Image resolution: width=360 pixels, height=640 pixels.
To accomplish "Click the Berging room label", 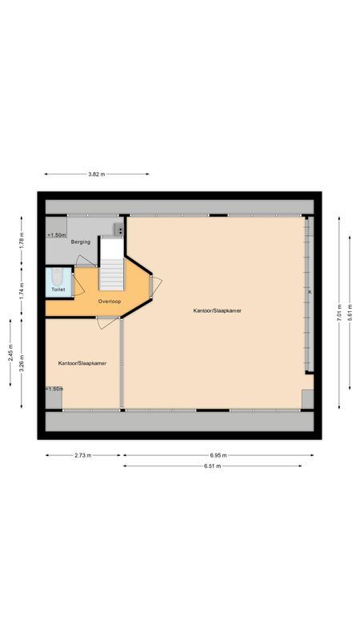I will coord(80,241).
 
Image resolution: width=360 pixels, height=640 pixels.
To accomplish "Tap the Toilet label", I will coord(58,289).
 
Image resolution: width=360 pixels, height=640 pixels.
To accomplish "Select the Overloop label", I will coord(109,302).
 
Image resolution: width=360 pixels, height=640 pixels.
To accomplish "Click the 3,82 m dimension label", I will coord(97,174).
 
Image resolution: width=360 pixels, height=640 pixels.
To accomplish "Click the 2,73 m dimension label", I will coord(82,455).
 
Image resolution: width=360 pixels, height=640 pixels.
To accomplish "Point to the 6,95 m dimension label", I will coord(218,455).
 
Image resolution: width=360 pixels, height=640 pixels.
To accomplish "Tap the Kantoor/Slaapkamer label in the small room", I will coord(82,362).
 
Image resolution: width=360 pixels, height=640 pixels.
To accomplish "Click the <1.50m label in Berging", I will coord(56,235).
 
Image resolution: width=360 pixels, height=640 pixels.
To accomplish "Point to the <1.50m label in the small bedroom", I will coord(54,389).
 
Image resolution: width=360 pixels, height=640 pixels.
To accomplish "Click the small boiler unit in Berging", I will coord(119,230).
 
